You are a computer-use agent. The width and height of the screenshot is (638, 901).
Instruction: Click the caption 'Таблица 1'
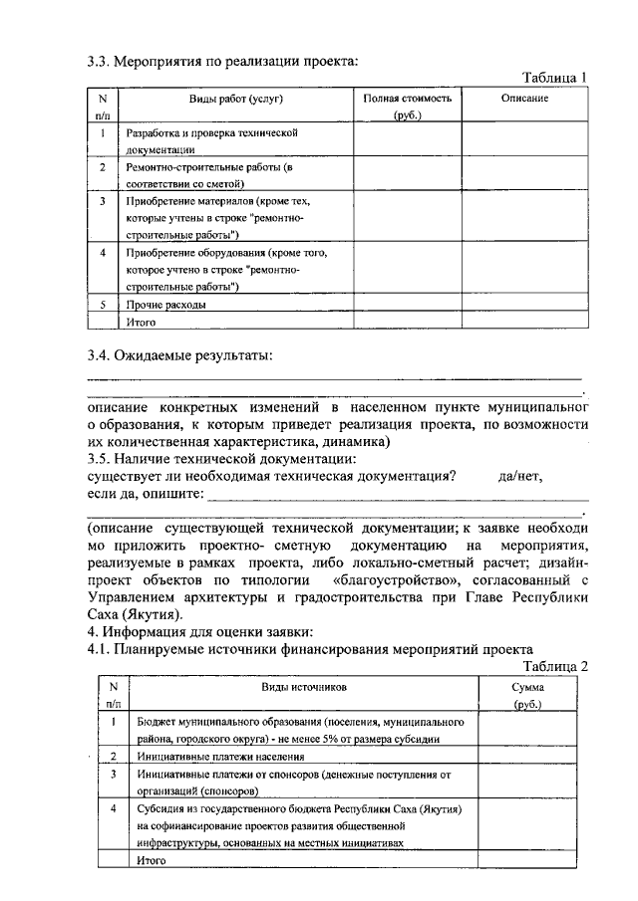point(555,78)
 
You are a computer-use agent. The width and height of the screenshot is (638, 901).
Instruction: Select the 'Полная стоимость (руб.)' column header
point(408,107)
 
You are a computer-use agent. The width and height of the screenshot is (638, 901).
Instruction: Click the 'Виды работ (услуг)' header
point(235,99)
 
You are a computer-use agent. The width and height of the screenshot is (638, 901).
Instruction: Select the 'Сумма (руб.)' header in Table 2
point(527,695)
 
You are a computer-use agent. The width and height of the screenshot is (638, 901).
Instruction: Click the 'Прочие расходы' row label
point(166,304)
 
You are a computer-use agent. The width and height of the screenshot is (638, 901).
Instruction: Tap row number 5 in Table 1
point(103,304)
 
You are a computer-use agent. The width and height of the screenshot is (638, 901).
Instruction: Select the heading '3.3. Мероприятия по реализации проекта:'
point(221,62)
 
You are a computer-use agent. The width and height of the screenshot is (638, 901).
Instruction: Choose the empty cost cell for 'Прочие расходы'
point(408,304)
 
